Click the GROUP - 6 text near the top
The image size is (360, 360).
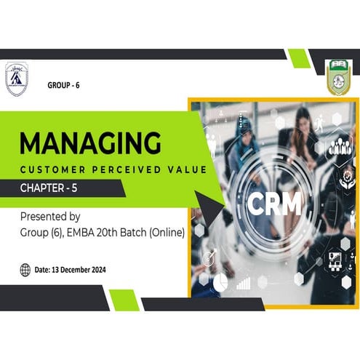(x=63, y=86)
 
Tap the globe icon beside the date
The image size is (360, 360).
(x=25, y=269)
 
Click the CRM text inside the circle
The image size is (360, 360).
(x=273, y=204)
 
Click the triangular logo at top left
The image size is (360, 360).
(x=17, y=79)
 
